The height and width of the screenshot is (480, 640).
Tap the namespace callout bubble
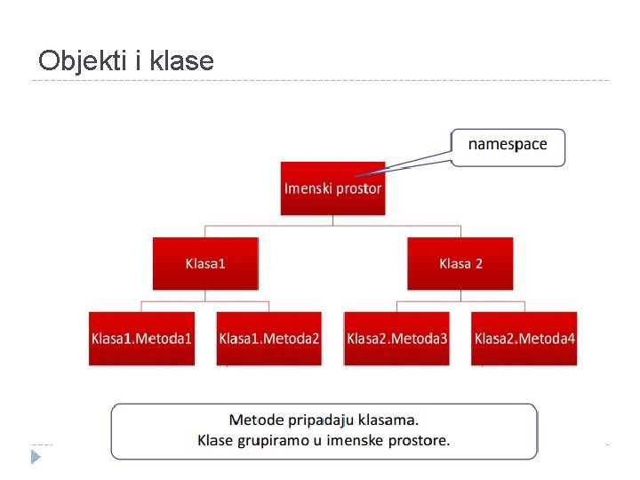[508, 146]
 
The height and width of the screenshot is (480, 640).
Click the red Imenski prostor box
[332, 188]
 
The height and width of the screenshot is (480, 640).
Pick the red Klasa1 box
[205, 263]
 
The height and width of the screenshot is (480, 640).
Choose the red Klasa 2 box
[460, 263]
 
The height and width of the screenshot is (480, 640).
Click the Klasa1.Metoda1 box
[141, 338]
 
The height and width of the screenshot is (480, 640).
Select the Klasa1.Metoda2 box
[269, 338]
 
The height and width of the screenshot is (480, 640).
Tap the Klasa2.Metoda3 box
[397, 338]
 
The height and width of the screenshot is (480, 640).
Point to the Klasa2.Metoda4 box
[524, 338]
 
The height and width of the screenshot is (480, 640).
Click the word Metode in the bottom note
[258, 420]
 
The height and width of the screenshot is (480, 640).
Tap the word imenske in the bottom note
[359, 440]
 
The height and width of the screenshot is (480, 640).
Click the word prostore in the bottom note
[422, 440]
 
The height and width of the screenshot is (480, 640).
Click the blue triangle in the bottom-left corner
[36, 457]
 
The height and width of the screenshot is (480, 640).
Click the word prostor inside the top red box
[359, 188]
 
